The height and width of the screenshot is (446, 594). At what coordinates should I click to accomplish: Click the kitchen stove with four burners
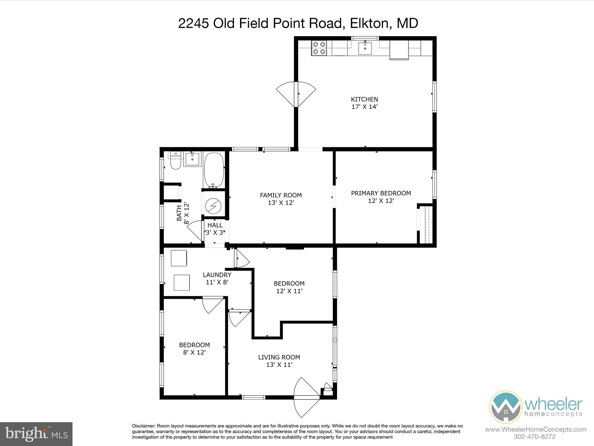tap(319, 48)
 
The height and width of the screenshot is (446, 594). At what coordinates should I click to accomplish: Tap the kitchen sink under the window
tap(365, 48)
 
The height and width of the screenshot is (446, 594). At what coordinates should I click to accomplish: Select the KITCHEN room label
tap(364, 99)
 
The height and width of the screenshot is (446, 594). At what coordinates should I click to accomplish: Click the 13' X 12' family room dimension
tap(281, 203)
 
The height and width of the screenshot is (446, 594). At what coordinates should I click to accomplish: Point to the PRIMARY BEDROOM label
tap(381, 193)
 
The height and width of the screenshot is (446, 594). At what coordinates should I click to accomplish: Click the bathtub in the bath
tap(214, 170)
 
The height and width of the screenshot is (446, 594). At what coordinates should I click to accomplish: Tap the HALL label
tap(215, 225)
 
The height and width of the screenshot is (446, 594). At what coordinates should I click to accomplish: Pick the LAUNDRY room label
tap(217, 275)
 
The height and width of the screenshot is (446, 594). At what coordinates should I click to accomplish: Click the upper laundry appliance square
tap(179, 258)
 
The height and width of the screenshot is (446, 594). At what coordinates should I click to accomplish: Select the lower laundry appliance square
tap(182, 283)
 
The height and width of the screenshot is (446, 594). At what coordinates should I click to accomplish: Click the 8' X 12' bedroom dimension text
tap(194, 353)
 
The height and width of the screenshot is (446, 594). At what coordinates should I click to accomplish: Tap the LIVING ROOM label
tap(279, 357)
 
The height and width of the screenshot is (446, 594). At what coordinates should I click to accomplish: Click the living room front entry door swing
tap(306, 396)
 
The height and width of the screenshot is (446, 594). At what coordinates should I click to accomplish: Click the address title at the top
tap(298, 24)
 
